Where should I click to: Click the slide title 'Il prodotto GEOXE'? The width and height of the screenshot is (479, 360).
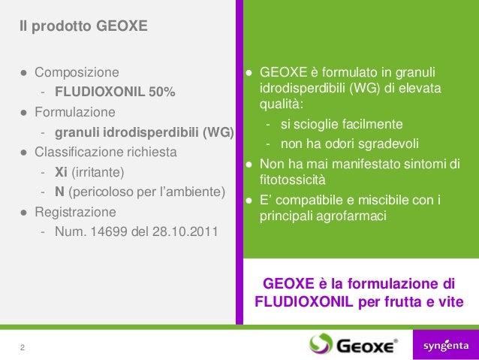(x=84, y=28)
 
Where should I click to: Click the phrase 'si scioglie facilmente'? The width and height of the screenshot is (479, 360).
(x=342, y=124)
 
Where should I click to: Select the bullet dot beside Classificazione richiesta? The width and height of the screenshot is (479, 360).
(x=24, y=153)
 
